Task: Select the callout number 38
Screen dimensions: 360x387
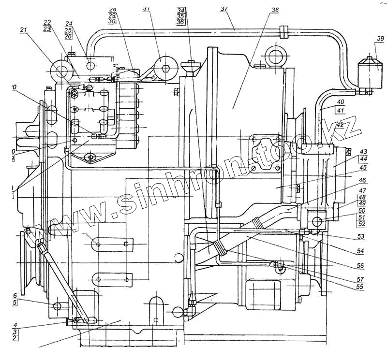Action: click(275, 10)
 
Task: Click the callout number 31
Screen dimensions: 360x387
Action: click(147, 9)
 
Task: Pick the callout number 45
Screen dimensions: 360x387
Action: click(362, 168)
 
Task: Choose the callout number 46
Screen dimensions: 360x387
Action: click(362, 180)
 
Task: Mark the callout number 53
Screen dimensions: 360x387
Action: click(361, 236)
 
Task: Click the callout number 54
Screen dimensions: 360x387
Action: click(361, 251)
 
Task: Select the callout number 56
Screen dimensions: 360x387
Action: click(361, 265)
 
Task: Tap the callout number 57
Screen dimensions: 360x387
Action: click(361, 279)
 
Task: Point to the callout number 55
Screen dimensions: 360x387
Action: click(361, 287)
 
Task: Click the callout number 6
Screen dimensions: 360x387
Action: click(15, 296)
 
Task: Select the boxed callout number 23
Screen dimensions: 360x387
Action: click(47, 29)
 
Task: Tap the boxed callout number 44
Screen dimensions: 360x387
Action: click(362, 158)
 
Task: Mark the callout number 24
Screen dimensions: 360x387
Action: click(69, 23)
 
